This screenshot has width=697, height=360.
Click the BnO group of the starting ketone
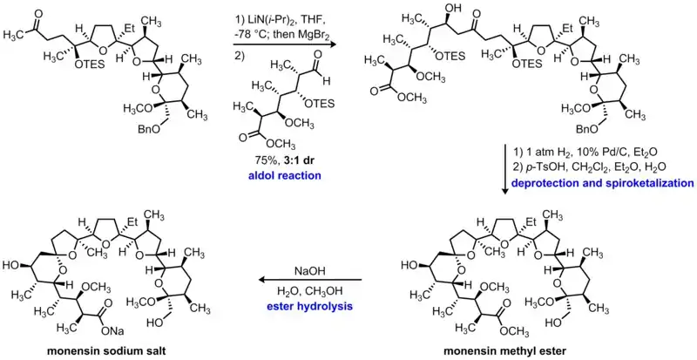pyautogui.click(x=125, y=156)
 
